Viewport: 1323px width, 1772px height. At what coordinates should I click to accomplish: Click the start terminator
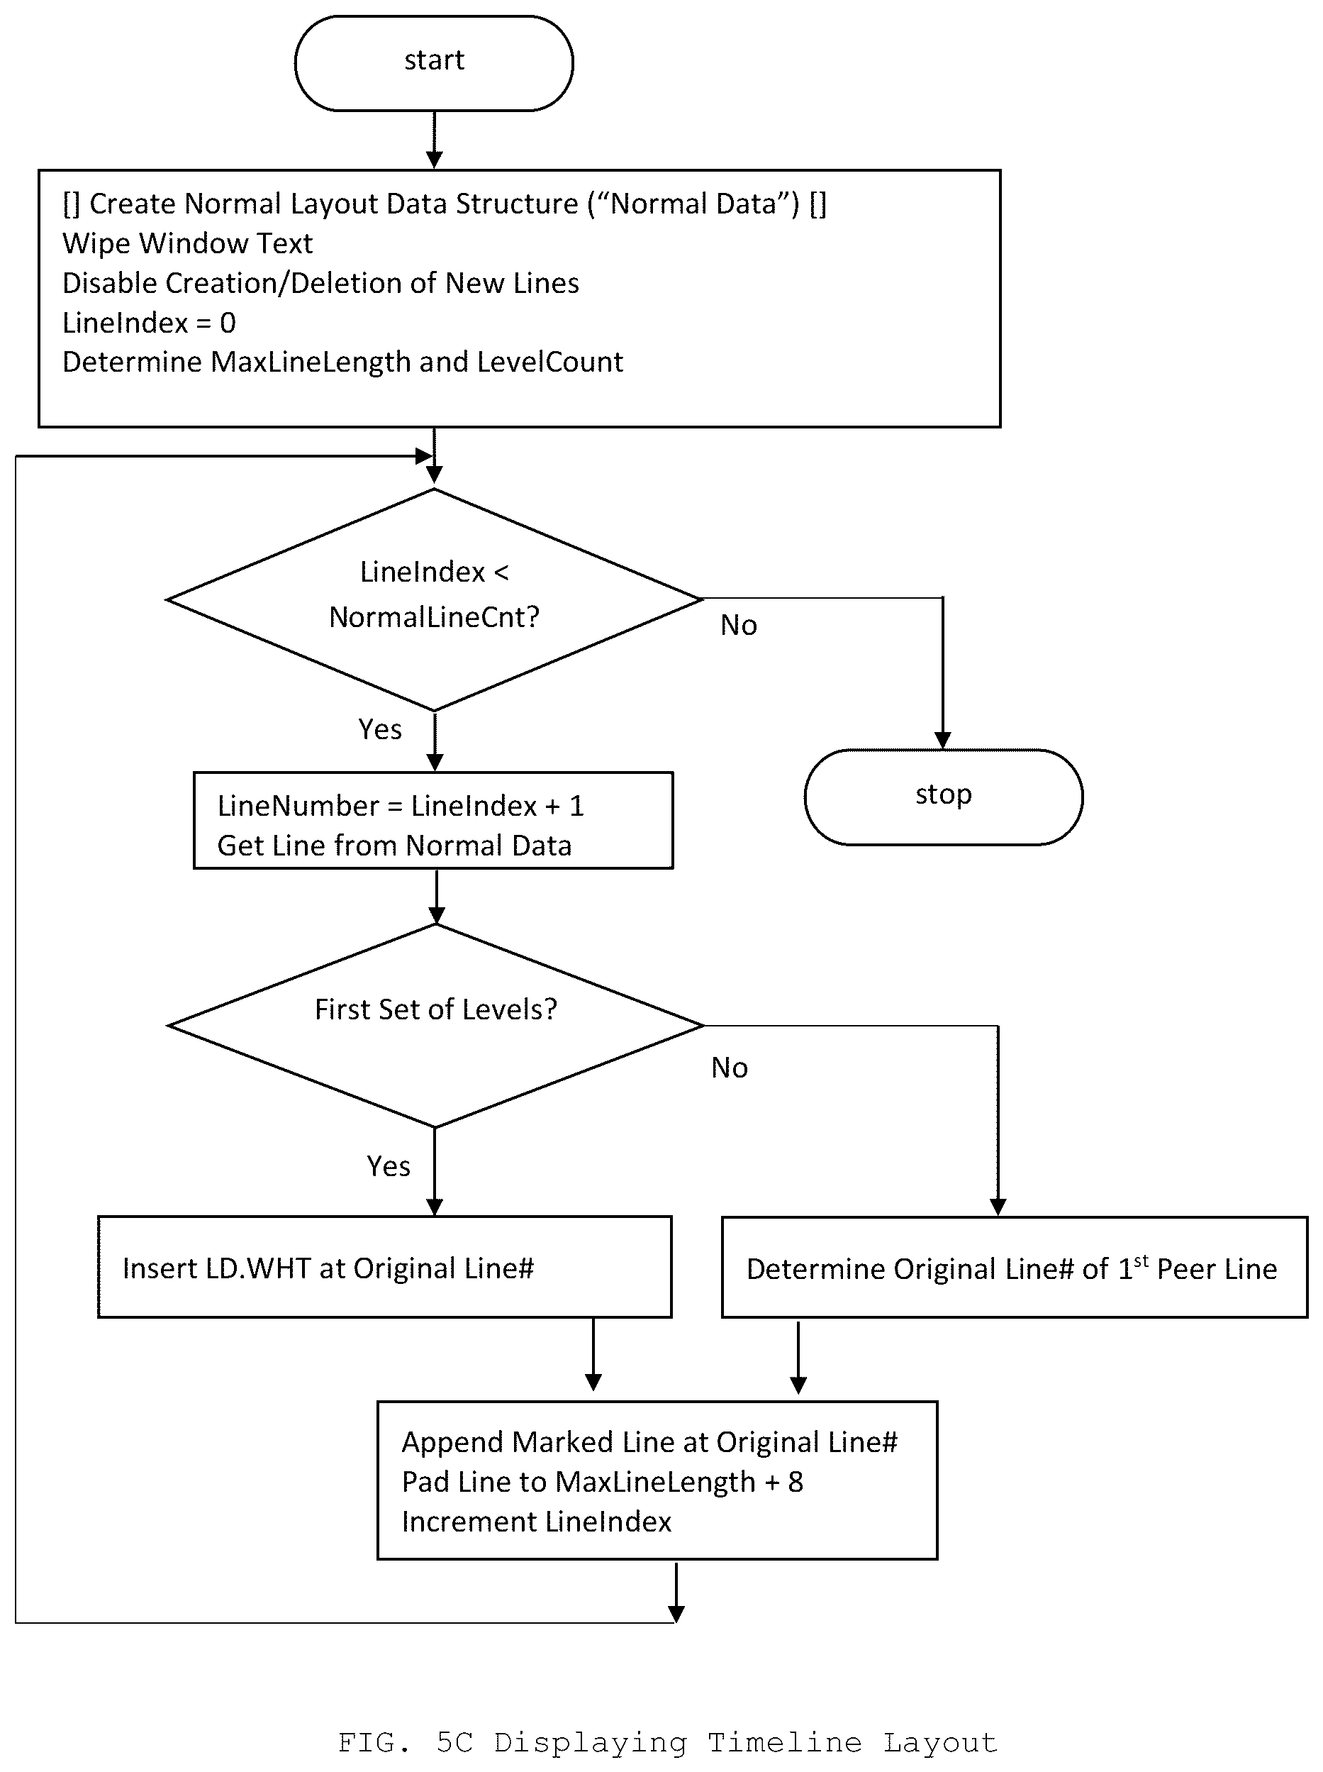(434, 62)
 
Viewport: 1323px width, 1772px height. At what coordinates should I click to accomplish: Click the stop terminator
(944, 797)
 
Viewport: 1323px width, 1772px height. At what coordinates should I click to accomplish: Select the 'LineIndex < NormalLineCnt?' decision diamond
(434, 599)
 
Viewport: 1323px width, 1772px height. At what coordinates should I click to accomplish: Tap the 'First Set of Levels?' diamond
(435, 1025)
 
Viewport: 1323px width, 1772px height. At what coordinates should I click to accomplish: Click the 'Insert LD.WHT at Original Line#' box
(384, 1268)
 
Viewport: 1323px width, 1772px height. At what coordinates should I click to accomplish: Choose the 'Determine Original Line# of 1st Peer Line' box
(1014, 1268)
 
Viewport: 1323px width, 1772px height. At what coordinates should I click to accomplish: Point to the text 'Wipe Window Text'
(187, 243)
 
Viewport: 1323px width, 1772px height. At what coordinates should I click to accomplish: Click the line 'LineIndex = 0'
(149, 323)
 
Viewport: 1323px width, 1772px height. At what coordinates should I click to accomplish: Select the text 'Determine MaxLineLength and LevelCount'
(342, 362)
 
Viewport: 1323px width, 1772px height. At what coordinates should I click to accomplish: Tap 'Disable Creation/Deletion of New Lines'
(320, 283)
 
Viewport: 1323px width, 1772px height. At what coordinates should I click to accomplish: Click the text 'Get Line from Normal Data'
(394, 846)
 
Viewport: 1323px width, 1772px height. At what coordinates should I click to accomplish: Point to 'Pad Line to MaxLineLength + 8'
(602, 1482)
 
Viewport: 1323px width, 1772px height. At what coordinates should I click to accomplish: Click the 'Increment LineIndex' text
(537, 1522)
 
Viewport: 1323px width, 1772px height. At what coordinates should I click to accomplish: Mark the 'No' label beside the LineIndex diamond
(738, 625)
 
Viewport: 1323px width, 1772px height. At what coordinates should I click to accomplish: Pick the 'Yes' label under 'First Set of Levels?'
(389, 1165)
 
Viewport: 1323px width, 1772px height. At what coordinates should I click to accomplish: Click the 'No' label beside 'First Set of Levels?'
(730, 1068)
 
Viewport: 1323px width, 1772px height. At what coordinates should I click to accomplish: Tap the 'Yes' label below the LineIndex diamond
(379, 729)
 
